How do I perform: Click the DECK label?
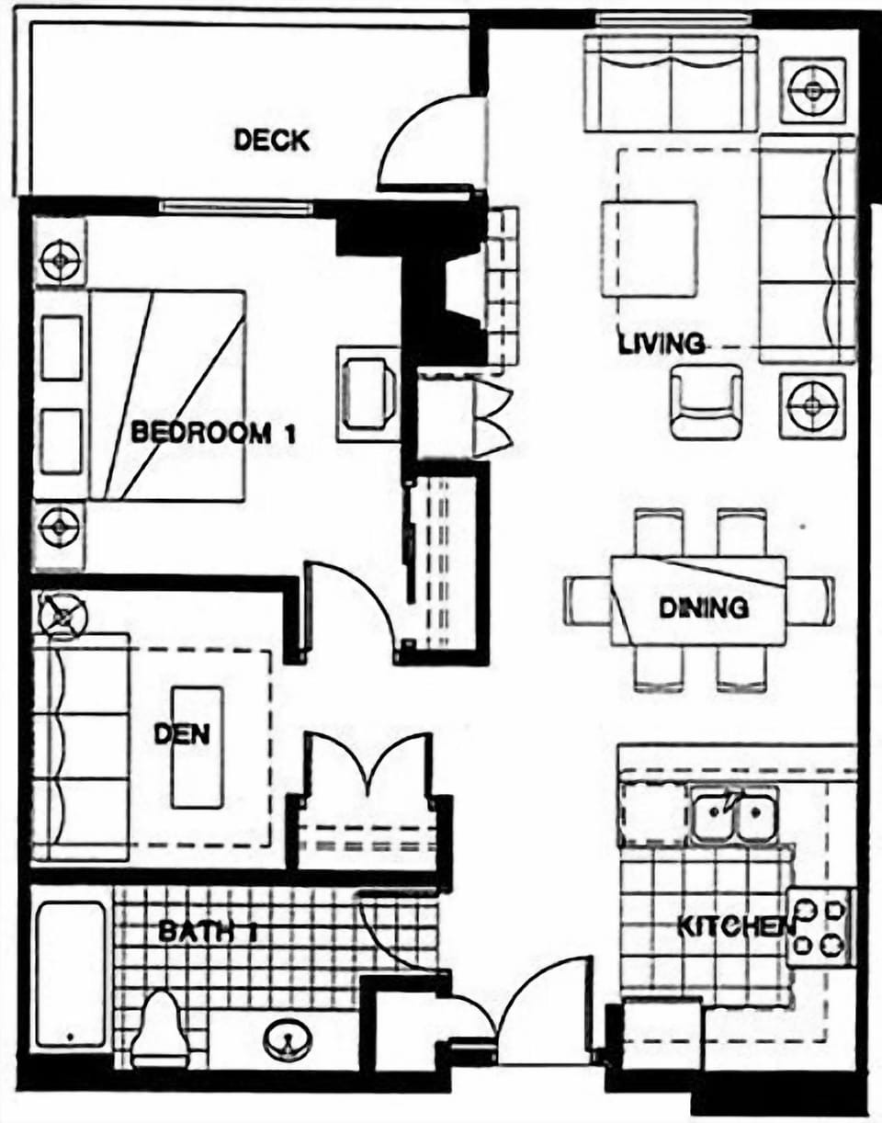(271, 141)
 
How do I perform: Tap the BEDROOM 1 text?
(213, 432)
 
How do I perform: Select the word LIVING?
(661, 345)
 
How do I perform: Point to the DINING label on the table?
(704, 607)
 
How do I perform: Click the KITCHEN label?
(735, 926)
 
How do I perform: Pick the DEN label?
(181, 734)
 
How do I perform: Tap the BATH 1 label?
(206, 931)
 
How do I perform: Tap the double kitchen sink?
(735, 815)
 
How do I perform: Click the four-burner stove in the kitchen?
(820, 926)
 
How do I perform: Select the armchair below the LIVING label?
(705, 402)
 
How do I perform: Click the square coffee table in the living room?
(650, 248)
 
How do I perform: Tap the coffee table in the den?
(197, 746)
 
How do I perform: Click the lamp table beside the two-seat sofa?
(813, 90)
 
